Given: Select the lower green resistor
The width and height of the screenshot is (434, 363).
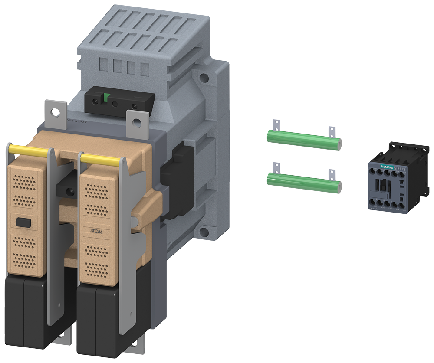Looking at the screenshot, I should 304,180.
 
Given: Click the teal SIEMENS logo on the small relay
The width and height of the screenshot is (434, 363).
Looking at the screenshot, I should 383,166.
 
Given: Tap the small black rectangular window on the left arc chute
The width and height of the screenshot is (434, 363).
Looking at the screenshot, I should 21,222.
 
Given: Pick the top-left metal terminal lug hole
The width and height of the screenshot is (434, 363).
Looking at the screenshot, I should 55,111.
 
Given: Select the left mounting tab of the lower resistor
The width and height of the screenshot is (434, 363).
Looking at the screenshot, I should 274,167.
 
